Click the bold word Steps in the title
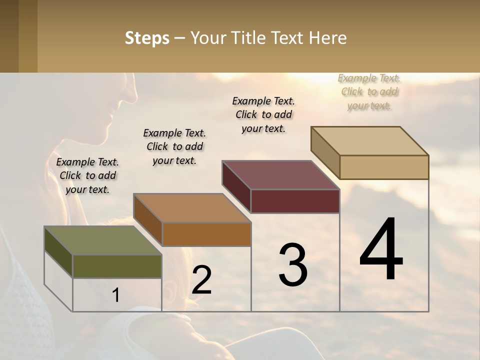[x=147, y=38]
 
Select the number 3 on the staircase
[x=293, y=264]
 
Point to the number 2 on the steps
[x=201, y=280]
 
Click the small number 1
[x=116, y=295]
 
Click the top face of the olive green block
[x=102, y=240]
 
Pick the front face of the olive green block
[x=117, y=266]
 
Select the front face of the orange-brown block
[x=206, y=234]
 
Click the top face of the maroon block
[x=280, y=175]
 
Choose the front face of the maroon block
[x=295, y=201]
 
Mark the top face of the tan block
[x=369, y=141]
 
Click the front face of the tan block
[x=384, y=167]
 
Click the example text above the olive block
[x=87, y=175]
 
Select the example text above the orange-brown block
[x=174, y=146]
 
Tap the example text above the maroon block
[x=263, y=114]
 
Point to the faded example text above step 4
[x=369, y=91]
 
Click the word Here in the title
[x=328, y=38]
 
